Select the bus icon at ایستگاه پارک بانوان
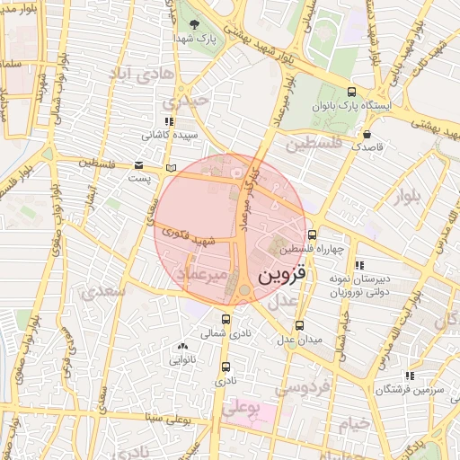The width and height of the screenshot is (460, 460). tap(351, 92)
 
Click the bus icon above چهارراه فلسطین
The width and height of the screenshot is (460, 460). tap(312, 235)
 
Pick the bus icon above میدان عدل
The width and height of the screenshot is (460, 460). tap(299, 326)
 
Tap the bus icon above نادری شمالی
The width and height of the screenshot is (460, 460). tap(226, 319)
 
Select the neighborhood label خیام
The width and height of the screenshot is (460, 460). tap(357, 422)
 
